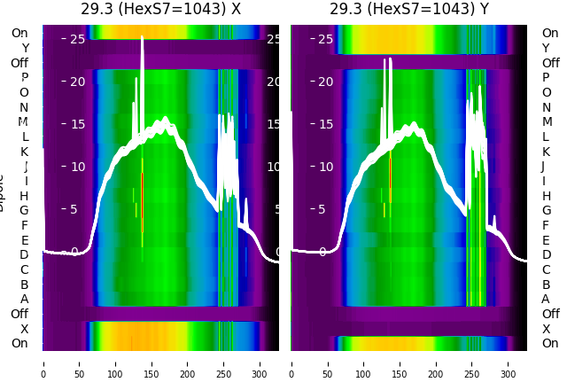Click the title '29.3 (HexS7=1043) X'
click(160, 10)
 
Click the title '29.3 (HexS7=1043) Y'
click(409, 10)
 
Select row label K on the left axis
click(25, 152)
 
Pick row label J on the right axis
click(543, 167)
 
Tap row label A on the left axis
click(25, 300)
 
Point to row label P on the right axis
click(546, 78)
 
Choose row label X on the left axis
click(25, 329)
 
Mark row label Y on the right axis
click(546, 48)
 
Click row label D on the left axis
click(24, 255)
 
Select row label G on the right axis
click(547, 211)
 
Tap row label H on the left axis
click(24, 196)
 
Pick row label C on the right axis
click(547, 269)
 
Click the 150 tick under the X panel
click(151, 362)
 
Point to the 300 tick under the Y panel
click(509, 362)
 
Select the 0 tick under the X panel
click(43, 362)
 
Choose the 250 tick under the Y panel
click(472, 362)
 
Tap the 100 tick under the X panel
click(115, 362)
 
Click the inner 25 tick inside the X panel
click(77, 39)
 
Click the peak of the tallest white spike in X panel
click(142, 37)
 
